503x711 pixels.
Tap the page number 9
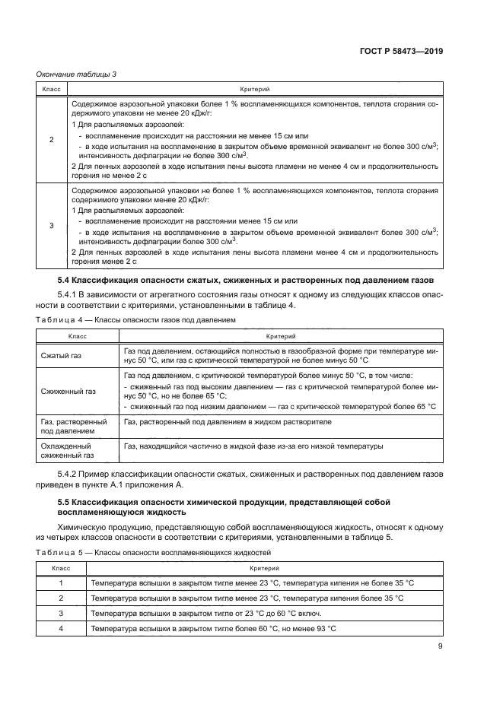tap(440, 647)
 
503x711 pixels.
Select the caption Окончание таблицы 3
tap(75, 74)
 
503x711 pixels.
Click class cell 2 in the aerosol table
tap(51, 140)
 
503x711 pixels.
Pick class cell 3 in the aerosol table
tap(51, 225)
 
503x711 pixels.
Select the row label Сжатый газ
tap(60, 355)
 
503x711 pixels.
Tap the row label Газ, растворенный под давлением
tap(72, 427)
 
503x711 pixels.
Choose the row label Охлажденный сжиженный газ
tap(68, 451)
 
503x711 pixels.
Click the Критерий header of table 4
tap(279, 336)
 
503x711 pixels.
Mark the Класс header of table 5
tap(60, 568)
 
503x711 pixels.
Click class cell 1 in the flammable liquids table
tap(60, 582)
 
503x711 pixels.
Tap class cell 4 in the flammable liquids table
tap(60, 628)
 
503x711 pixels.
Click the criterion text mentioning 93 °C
tap(213, 628)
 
